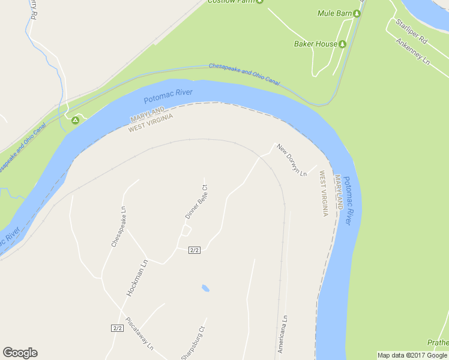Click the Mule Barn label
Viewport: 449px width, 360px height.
[x=334, y=13]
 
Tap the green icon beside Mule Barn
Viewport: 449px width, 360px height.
[x=357, y=13]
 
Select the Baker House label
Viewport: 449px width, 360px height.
[x=316, y=44]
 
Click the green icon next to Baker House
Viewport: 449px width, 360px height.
[x=343, y=44]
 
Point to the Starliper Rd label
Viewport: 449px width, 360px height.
[x=411, y=32]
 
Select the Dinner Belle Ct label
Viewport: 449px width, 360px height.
[x=196, y=202]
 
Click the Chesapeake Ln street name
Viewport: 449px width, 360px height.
[x=118, y=227]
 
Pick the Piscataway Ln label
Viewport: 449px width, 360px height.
[x=140, y=334]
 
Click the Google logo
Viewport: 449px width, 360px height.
[x=20, y=353]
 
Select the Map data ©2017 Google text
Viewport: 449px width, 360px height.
[x=412, y=355]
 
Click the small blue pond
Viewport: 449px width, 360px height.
[x=205, y=288]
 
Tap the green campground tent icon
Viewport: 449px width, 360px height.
[x=76, y=121]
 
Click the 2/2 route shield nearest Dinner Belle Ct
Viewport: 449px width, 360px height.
[x=194, y=250]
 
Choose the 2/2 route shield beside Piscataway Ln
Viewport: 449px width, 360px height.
[x=117, y=328]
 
